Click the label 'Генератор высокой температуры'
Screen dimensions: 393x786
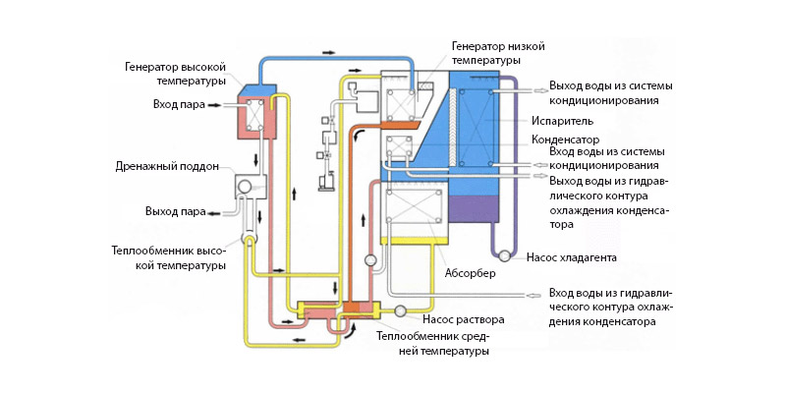pos(176,74)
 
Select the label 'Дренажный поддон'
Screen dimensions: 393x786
pos(178,166)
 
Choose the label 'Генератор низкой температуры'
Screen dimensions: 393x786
pos(497,53)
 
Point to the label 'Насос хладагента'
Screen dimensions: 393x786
pos(573,257)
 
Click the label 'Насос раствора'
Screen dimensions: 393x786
pos(463,319)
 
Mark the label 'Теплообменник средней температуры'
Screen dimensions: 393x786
pos(432,344)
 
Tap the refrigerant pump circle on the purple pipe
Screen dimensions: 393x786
pos(503,255)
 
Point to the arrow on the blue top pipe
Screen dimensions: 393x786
pos(325,47)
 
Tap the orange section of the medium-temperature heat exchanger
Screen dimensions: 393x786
pos(356,310)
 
